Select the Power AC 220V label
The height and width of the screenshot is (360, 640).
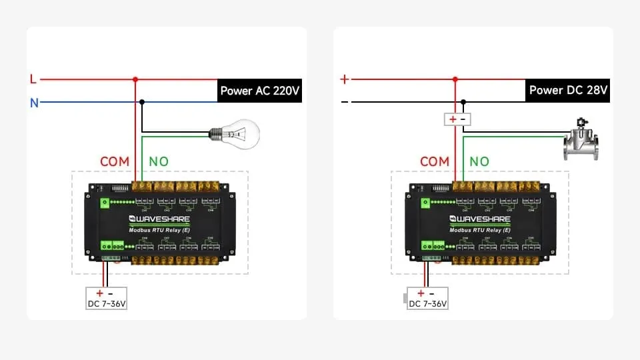(x=259, y=91)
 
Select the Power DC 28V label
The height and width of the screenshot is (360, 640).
(x=569, y=90)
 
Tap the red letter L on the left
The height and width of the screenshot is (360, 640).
(x=33, y=79)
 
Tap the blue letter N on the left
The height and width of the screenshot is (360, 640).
(x=33, y=103)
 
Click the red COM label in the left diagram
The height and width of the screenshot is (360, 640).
(x=115, y=161)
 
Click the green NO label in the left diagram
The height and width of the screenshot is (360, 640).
(x=159, y=161)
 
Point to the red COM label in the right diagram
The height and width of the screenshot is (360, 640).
(x=435, y=161)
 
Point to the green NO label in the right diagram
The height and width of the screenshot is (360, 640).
(x=479, y=161)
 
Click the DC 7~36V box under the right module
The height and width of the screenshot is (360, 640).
(x=427, y=298)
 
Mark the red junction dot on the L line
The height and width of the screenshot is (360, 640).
(x=135, y=79)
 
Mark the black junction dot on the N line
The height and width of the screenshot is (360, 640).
(x=142, y=102)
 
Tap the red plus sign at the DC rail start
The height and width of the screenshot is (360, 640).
(x=344, y=79)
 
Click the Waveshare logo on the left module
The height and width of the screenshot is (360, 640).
(x=160, y=219)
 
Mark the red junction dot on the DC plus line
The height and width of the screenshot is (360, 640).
(x=455, y=79)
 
